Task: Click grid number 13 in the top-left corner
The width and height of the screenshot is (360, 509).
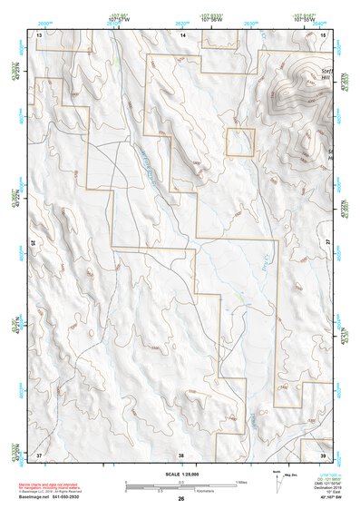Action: click(x=39, y=34)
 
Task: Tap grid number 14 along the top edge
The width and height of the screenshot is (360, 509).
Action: click(x=182, y=34)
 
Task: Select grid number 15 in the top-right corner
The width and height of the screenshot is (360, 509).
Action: click(x=324, y=34)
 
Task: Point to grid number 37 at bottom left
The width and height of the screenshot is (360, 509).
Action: click(x=39, y=453)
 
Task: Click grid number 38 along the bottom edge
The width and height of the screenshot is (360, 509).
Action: click(x=181, y=453)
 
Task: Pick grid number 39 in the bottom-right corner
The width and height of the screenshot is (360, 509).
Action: click(x=324, y=453)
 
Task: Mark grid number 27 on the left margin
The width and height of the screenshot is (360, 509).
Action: click(x=33, y=243)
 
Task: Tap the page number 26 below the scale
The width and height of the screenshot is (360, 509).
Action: click(x=180, y=499)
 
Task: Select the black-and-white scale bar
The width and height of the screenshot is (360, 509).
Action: click(x=180, y=483)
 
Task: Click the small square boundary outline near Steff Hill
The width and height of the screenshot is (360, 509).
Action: click(x=239, y=142)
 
